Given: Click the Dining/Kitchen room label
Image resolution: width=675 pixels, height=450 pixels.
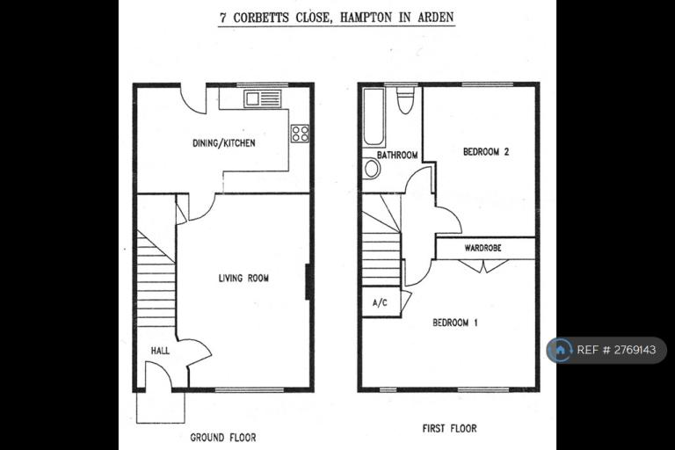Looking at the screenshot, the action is [224, 143].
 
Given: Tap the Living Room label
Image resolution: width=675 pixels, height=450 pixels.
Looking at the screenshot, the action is [243, 279].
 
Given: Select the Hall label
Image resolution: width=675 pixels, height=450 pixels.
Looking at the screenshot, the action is [160, 351].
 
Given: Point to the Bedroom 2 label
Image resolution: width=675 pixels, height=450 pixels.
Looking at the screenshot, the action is [486, 151].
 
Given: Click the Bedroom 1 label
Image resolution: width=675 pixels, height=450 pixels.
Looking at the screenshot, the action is [455, 323].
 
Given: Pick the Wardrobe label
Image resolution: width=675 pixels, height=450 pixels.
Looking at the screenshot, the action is [483, 248].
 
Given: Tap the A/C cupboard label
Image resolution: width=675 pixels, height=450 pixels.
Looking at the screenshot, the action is [380, 302].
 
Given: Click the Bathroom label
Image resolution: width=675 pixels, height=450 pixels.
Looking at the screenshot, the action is [397, 155].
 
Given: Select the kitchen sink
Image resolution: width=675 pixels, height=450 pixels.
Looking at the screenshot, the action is [263, 98].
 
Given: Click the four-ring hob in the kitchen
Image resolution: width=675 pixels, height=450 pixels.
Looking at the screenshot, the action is [300, 133].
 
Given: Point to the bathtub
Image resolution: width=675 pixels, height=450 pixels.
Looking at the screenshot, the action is [374, 117].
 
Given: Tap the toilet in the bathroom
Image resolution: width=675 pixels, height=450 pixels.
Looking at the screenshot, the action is [405, 100].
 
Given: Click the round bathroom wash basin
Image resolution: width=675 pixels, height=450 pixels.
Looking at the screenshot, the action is [372, 169].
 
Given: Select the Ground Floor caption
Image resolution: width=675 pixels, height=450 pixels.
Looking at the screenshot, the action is [223, 438].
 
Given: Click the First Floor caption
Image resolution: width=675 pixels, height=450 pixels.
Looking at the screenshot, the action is [449, 429].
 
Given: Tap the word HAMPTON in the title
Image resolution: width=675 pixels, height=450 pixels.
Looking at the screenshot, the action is [366, 18].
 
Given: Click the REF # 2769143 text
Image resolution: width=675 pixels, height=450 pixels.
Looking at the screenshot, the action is [616, 350].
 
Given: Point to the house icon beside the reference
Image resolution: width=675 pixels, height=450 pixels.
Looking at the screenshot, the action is [560, 350].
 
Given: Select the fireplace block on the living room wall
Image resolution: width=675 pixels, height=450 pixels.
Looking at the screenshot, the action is [308, 281].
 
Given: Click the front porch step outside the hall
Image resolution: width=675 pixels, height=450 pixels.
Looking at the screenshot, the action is [161, 407].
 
